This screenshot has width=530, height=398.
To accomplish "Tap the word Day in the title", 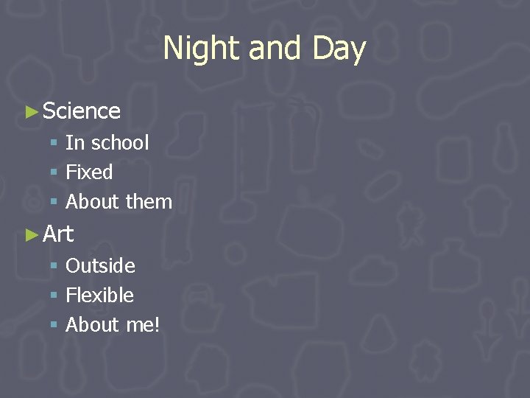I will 339,49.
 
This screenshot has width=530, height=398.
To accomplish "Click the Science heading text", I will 82,111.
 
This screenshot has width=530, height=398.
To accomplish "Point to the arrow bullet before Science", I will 31,112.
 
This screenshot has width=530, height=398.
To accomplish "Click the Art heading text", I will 58,234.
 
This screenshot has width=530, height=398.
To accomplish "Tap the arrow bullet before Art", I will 31,235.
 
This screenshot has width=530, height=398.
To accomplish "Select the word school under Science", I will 120,142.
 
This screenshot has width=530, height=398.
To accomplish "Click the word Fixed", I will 89,172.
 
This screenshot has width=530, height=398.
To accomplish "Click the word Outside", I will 100,265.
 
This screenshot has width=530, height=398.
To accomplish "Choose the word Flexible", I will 99,296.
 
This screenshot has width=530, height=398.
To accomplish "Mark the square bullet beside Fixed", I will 54,173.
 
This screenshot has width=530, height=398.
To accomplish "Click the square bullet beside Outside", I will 54,266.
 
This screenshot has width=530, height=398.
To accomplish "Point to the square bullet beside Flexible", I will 54,296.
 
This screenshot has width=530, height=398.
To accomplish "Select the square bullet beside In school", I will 54,143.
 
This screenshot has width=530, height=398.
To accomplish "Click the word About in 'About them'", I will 93,202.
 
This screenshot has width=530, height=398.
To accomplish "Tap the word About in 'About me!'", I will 93,325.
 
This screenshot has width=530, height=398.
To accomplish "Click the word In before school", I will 75,142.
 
